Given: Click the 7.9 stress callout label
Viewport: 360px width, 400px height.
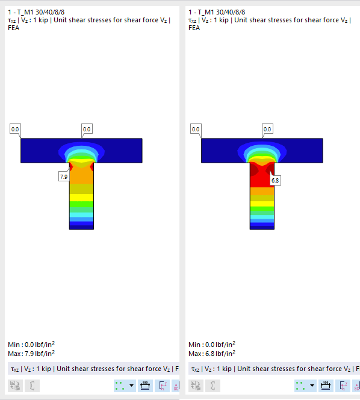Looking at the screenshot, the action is click(x=64, y=177).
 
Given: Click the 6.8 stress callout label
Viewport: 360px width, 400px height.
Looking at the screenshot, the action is click(x=275, y=180).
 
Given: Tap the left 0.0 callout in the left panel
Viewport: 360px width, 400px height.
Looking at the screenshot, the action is click(x=15, y=129).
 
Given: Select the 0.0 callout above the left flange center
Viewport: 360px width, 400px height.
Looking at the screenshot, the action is click(x=87, y=129).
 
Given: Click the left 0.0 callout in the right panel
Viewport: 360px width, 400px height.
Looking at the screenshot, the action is click(x=196, y=129).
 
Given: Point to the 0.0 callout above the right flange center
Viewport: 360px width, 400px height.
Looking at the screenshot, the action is click(x=267, y=129).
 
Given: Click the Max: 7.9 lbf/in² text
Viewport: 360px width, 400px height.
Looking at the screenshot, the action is click(x=31, y=354).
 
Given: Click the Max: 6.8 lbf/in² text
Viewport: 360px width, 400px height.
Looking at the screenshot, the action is click(x=212, y=354).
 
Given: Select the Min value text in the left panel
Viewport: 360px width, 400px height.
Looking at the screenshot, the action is click(x=31, y=345).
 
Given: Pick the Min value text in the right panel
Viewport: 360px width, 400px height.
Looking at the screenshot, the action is click(x=212, y=345).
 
